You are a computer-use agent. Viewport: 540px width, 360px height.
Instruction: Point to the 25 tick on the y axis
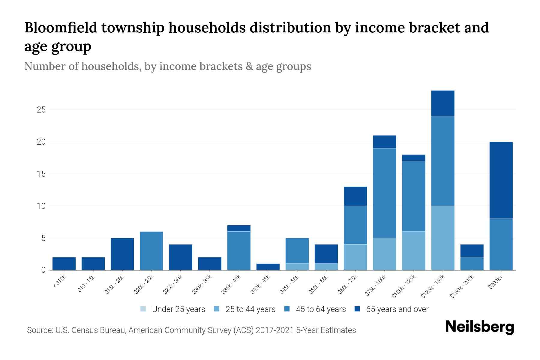[x=41, y=110]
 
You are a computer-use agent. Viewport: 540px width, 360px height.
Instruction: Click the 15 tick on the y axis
[x=41, y=174]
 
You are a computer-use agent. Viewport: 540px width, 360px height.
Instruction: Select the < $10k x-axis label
[x=60, y=282]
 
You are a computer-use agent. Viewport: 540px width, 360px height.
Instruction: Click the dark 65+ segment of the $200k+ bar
[x=501, y=180]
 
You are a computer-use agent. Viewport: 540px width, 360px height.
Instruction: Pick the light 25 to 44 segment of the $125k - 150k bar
[x=442, y=238]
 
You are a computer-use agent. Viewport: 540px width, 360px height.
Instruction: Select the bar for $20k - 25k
[x=151, y=251]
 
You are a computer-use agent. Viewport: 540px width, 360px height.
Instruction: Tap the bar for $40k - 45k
[x=268, y=267]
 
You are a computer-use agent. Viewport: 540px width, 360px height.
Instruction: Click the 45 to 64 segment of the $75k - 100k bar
[x=384, y=193]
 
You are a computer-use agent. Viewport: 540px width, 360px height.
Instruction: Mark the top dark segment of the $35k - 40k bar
[x=239, y=228]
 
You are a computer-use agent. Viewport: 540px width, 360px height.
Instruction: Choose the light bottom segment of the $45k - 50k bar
[x=297, y=267]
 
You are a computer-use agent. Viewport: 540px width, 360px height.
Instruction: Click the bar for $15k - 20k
[x=122, y=254]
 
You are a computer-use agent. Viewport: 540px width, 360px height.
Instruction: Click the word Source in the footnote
[x=39, y=330]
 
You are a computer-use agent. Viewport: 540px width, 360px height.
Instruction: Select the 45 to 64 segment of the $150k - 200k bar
[x=472, y=263]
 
